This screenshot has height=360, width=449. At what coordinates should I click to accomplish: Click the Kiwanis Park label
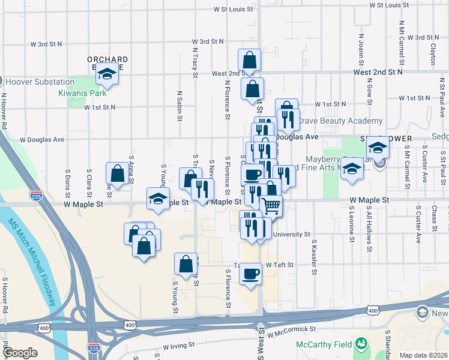point(82,93)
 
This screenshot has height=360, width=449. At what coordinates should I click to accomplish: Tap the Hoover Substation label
point(36,81)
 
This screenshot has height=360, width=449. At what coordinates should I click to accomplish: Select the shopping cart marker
point(271,205)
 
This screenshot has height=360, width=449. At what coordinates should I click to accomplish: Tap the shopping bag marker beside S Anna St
point(116,173)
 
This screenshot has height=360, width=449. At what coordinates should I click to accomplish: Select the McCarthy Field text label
point(324,344)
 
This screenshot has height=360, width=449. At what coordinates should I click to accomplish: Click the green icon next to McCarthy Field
point(361,344)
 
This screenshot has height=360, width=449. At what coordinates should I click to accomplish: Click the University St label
point(291,235)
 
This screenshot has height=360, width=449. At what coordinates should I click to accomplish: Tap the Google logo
point(20,353)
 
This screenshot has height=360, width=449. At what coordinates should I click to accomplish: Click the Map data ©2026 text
point(423,355)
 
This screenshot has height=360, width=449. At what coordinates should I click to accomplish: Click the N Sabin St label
point(180,106)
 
